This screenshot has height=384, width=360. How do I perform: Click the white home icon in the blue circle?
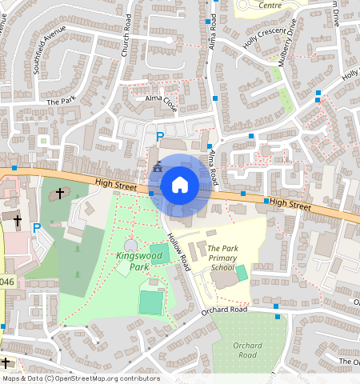click(180, 185)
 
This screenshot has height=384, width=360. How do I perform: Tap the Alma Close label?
click(160, 102)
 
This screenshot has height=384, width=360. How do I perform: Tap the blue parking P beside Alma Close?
click(159, 137)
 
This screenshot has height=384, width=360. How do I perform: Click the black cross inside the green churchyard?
click(59, 193)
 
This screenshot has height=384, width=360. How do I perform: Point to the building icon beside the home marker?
click(157, 167)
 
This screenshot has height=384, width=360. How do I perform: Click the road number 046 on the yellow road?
click(6, 282)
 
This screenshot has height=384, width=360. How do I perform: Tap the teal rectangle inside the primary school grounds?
click(242, 273)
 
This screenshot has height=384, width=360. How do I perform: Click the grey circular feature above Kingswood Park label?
click(131, 245)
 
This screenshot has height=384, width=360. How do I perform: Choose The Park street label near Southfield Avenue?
click(60, 102)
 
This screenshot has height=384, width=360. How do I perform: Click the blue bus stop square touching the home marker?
click(151, 193)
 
